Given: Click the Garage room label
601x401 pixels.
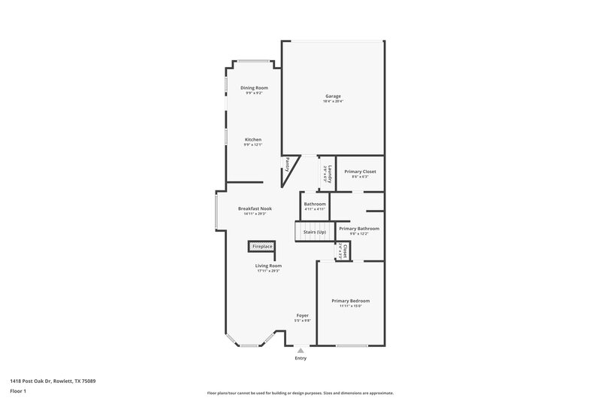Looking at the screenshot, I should pos(333,96).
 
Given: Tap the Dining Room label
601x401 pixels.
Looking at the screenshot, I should pos(254,88).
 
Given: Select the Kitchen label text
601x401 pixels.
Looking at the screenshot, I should pos(252,140).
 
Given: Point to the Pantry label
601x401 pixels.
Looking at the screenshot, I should pos(286,164).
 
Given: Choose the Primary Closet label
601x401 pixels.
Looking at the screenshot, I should pos(360,172).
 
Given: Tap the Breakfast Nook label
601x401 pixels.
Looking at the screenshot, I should pos(255,208).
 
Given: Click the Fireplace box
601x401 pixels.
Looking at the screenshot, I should pos(262,246).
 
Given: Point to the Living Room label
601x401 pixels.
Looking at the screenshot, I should pos(267,266).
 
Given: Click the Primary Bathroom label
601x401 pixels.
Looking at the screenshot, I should pos(359,228).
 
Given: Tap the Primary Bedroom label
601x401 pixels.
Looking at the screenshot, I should pos(350,301).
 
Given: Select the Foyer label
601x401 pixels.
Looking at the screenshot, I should pos(302,315).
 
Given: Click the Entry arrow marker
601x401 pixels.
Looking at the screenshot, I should pos(300,349).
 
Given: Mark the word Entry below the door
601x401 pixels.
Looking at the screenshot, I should pos(300,358).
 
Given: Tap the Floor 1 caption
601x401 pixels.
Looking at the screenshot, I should pos(17,392).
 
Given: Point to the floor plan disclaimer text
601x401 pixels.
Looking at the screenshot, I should pos(300,393).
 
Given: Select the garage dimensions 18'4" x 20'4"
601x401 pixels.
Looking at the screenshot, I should pos(333,101).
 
